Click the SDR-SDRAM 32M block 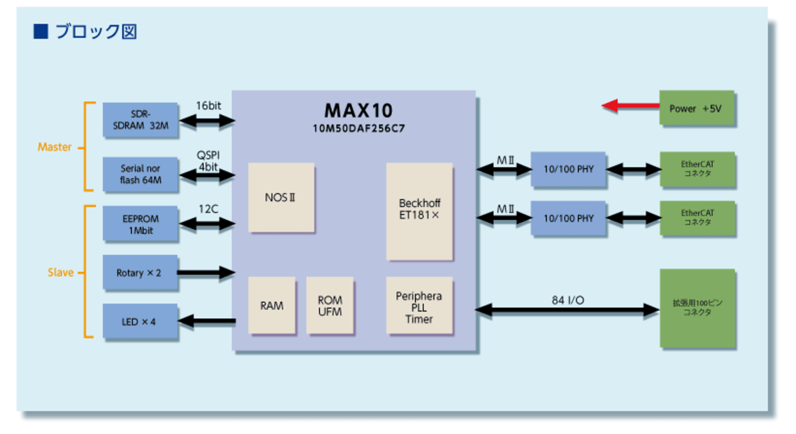140,120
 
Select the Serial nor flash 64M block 140,174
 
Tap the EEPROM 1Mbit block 140,224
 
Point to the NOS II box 281,197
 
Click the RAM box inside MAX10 272,305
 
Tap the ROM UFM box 330,305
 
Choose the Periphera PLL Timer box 419,305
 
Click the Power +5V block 696,108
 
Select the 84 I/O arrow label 568,300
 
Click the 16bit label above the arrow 207,106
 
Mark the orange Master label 55,147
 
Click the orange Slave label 60,272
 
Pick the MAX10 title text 358,110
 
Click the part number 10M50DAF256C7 358,128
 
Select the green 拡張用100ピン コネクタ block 698,308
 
